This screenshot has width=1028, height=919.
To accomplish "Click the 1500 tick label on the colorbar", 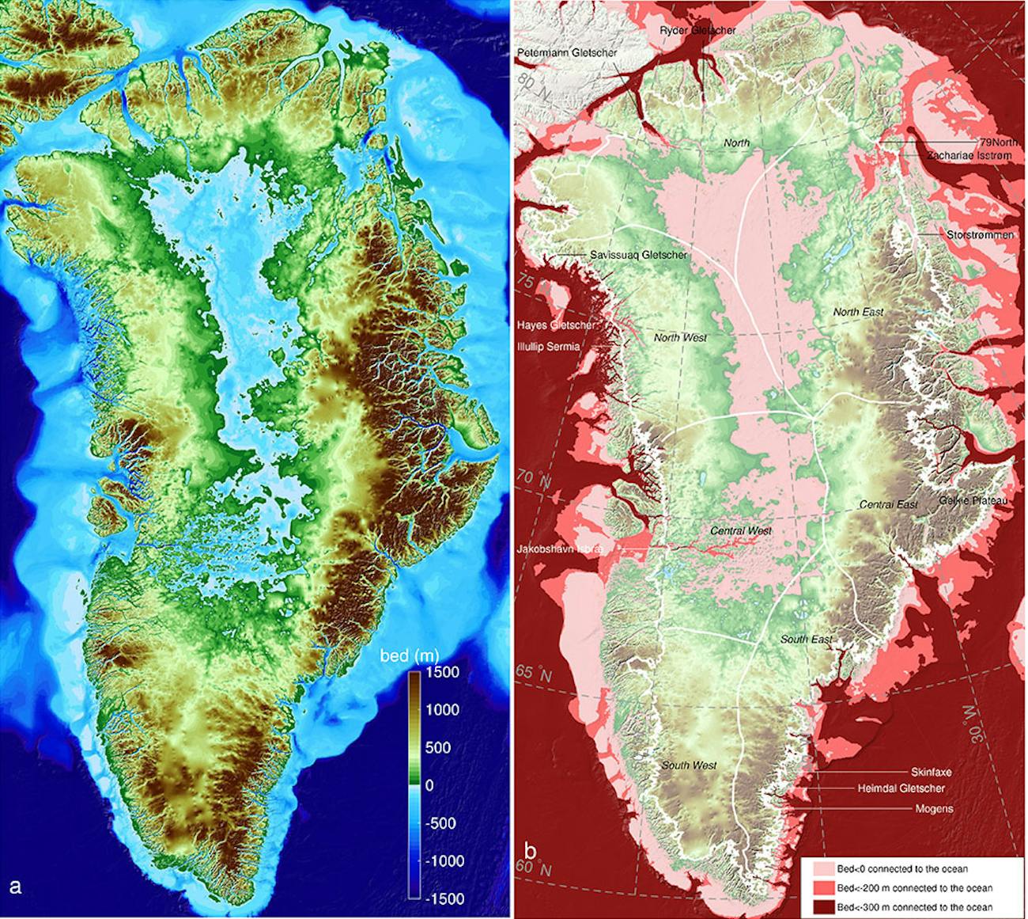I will coord(443,672).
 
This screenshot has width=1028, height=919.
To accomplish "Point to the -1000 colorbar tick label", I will coord(443,860).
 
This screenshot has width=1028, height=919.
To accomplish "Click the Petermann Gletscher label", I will coord(567,52).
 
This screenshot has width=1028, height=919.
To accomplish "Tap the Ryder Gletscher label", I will coord(698,30).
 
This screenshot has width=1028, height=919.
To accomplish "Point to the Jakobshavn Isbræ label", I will coord(561,549).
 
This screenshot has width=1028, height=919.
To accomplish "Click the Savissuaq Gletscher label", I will coord(639,255).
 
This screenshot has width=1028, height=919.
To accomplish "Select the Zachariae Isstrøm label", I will coord(969,156).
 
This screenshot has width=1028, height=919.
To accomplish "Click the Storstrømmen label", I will coord(980,235).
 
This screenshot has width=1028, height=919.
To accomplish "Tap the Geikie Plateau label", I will coord(973,501).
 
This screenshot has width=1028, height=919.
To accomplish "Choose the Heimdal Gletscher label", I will coord(901,788).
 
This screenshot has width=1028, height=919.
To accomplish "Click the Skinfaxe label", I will coord(931,772).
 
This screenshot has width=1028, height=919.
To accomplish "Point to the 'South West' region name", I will coord(689,765).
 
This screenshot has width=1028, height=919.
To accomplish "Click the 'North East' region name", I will coord(858,312).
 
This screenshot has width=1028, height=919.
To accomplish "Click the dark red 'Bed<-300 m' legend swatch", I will coord(819,907).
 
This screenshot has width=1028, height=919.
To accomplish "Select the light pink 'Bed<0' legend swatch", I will coord(819,869).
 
